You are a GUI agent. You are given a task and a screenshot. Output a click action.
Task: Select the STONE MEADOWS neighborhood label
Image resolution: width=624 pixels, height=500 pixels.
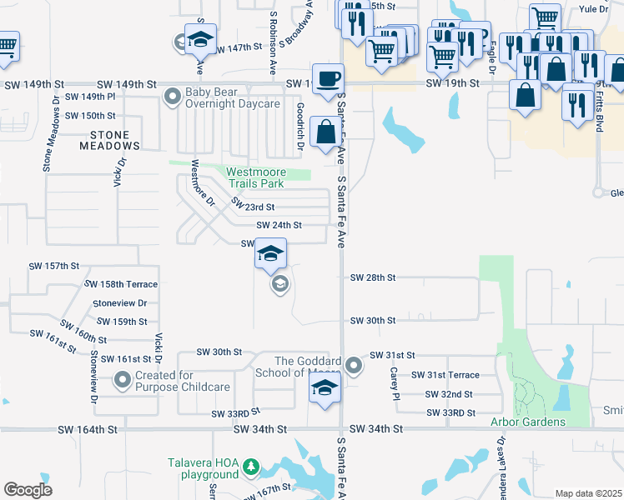pyautogui.click(x=104, y=140)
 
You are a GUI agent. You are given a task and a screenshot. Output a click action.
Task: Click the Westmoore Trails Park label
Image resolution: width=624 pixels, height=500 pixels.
pyautogui.click(x=257, y=178)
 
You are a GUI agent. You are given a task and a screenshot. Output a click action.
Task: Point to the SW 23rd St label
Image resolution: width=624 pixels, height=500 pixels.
pyautogui.click(x=253, y=205)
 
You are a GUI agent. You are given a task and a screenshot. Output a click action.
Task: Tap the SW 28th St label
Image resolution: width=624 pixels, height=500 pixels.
pyautogui.click(x=373, y=277)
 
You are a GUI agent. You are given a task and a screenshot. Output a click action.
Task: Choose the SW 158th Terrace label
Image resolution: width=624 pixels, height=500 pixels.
pyautogui.click(x=122, y=284)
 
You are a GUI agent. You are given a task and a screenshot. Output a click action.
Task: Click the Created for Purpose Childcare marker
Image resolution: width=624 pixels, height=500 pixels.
pyautogui.click(x=123, y=381)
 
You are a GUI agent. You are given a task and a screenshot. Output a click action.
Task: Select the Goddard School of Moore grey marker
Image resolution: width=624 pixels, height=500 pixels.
pyautogui.click(x=355, y=365)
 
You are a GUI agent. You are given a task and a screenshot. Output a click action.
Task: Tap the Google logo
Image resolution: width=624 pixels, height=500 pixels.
pyautogui.click(x=28, y=489)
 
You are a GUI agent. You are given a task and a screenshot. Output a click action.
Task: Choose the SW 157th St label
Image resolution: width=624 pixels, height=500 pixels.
pyautogui.click(x=54, y=266)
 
